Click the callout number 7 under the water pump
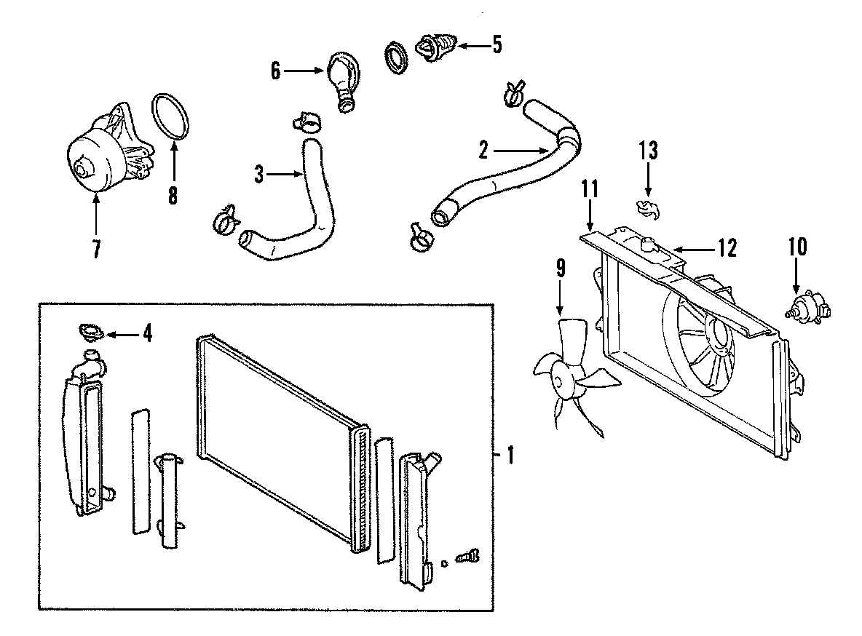96,248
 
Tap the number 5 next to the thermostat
497,45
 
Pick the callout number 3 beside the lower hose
260,175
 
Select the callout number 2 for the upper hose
483,151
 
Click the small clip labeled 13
646,208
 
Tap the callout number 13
648,151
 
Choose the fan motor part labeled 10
806,306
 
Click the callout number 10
797,247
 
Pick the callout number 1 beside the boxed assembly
510,456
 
